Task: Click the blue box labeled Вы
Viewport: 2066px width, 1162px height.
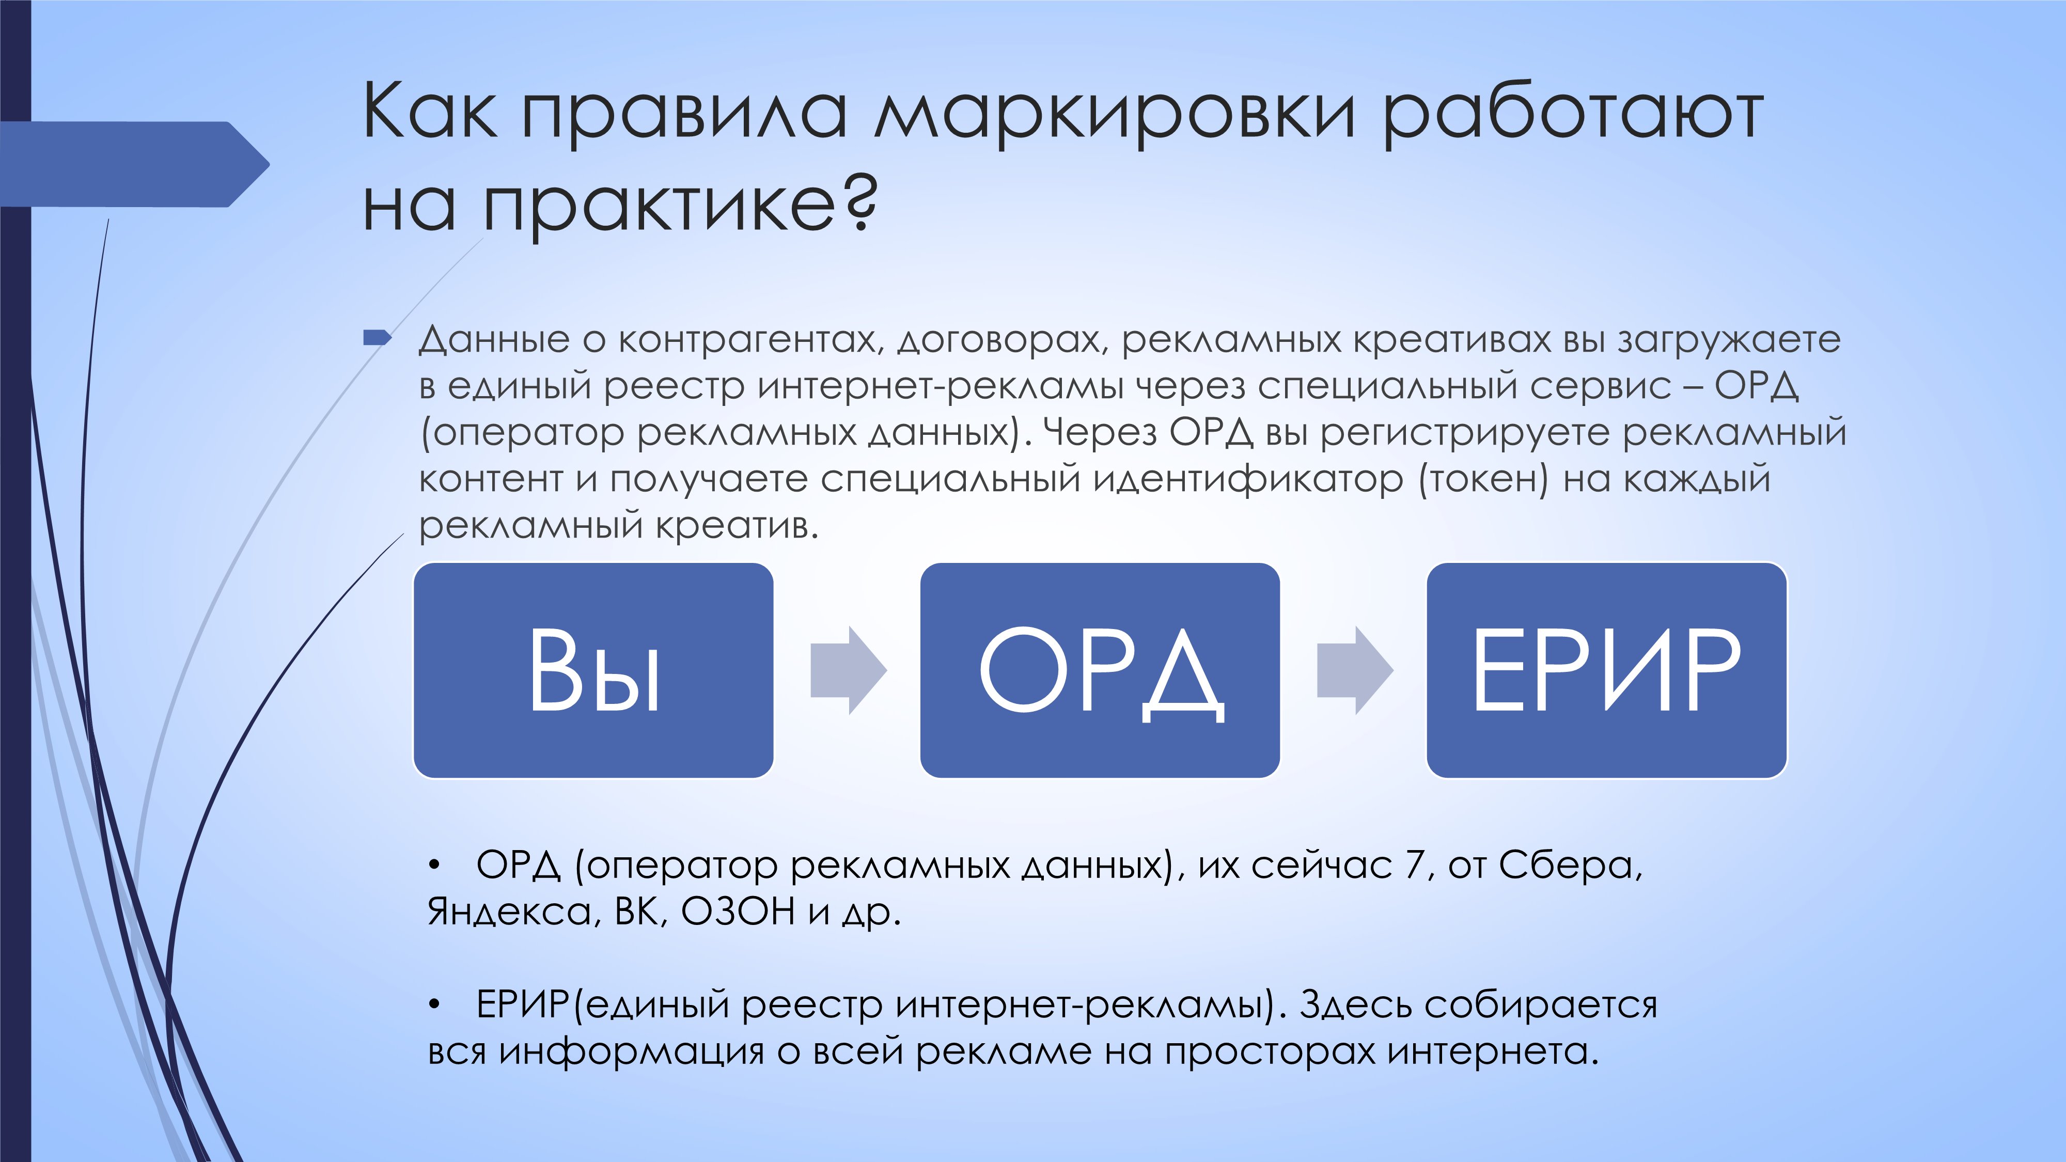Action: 593,670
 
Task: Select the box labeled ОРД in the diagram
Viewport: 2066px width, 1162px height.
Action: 1100,670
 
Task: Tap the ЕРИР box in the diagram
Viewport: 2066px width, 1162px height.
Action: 1606,670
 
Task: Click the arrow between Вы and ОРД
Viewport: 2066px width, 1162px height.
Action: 848,670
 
